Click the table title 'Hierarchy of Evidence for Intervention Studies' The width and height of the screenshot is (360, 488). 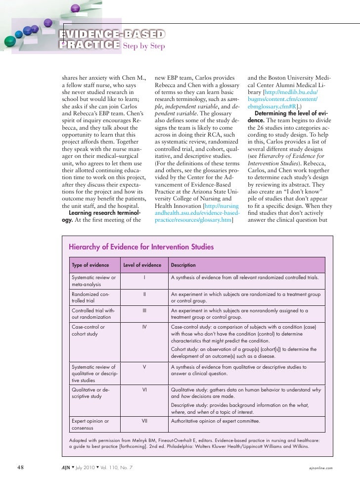(141, 246)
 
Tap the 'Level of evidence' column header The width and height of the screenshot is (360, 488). (142, 265)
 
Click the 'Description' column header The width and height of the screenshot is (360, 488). (183, 265)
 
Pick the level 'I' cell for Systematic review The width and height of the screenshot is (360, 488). (143, 278)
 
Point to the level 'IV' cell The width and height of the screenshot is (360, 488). (143, 327)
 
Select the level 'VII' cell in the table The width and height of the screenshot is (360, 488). (143, 421)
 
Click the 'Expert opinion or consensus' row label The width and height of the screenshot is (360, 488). (90, 425)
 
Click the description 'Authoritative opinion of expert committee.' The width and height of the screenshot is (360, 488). (215, 421)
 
